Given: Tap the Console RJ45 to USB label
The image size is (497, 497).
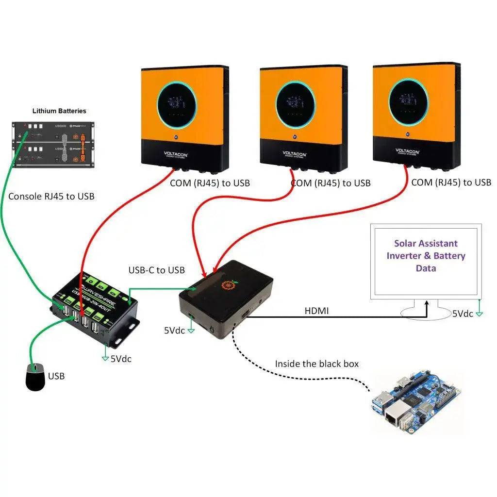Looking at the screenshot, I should tap(51, 197).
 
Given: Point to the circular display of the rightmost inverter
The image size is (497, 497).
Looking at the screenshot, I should tap(408, 101).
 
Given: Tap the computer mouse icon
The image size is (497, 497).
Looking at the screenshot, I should tap(35, 377).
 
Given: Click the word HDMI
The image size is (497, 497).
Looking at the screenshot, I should tap(316, 311).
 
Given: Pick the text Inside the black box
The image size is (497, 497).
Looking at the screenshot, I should tap(316, 364).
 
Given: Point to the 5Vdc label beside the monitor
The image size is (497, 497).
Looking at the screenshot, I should tap(462, 314).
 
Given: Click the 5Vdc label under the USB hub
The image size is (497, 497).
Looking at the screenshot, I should tap(121, 359).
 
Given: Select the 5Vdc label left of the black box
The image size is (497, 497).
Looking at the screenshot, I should tap(174, 331).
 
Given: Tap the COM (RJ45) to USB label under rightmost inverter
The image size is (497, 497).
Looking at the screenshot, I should tap(451, 182).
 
